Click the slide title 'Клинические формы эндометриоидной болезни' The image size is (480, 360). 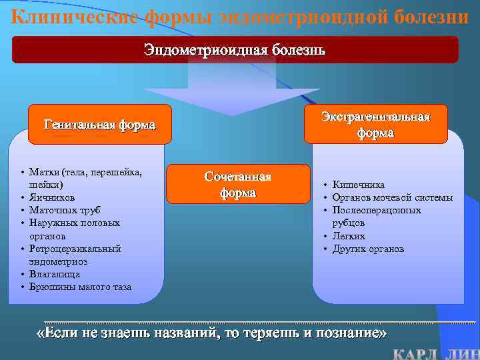pyautogui.click(x=240, y=15)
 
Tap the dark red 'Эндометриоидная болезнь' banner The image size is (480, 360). pyautogui.click(x=235, y=50)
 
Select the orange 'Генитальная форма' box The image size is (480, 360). pyautogui.click(x=99, y=125)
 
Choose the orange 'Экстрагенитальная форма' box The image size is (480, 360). pyautogui.click(x=375, y=125)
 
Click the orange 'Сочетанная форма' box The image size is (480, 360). pyautogui.click(x=238, y=184)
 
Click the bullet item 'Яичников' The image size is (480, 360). pyautogui.click(x=52, y=197)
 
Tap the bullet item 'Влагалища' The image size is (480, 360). pyautogui.click(x=54, y=274)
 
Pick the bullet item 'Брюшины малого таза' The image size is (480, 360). pyautogui.click(x=80, y=287)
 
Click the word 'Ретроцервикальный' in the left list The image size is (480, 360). pyautogui.click(x=75, y=249)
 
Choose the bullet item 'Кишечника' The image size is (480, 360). pyautogui.click(x=359, y=185)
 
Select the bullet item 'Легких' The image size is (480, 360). pyautogui.click(x=349, y=236)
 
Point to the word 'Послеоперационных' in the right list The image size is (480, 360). pyautogui.click(x=377, y=210)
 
